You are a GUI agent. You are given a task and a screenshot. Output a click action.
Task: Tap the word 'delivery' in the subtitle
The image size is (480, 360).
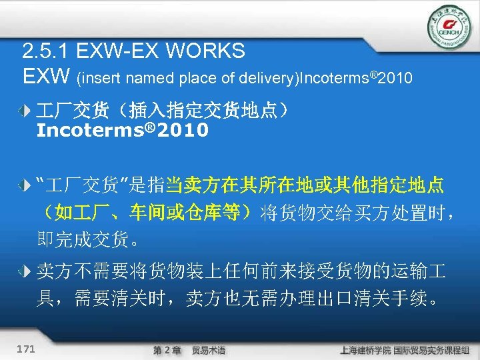[x=269, y=79]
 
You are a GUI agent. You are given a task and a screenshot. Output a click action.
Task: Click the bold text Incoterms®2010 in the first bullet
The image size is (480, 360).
[x=122, y=131]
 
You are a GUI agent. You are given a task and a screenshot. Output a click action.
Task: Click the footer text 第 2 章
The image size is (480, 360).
[x=166, y=349]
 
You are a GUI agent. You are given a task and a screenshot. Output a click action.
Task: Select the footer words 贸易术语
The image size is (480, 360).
[x=208, y=349]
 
